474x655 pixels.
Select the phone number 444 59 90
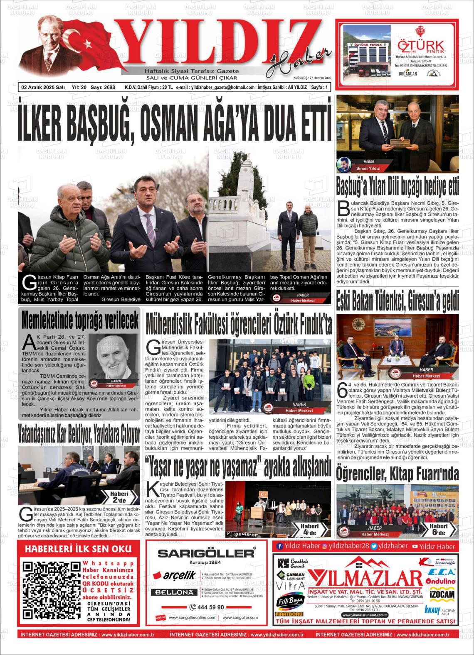(x=207, y=607)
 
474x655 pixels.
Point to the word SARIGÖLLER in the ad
(x=206, y=553)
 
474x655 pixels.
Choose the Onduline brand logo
(x=441, y=582)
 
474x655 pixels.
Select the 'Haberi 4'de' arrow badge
(x=309, y=529)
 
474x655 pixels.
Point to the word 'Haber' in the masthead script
(x=299, y=59)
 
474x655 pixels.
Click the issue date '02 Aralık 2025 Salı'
(x=43, y=88)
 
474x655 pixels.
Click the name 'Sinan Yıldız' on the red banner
(x=368, y=168)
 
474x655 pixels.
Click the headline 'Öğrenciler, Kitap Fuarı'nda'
(x=397, y=474)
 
